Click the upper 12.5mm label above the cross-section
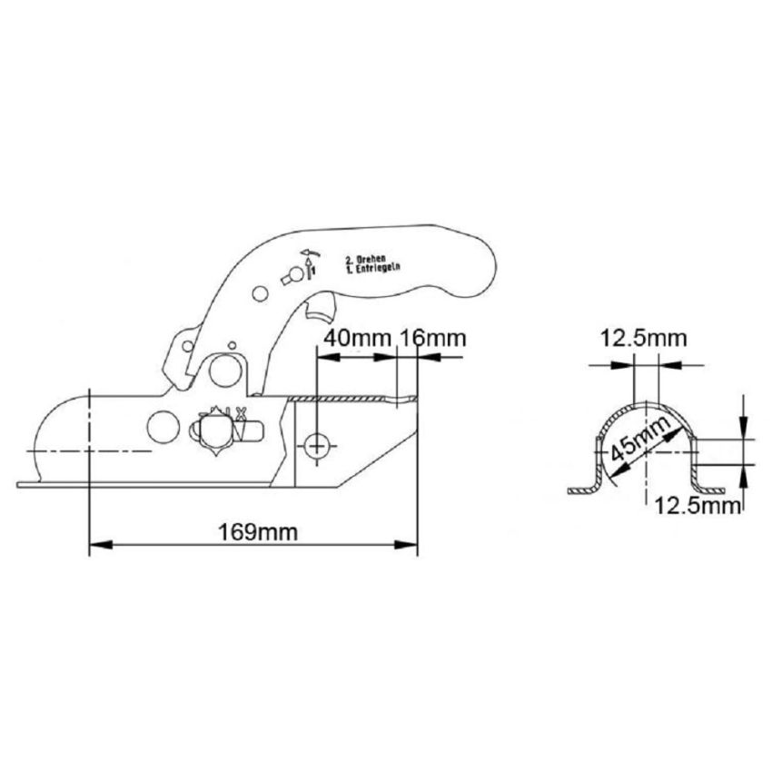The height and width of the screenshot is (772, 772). click(x=642, y=339)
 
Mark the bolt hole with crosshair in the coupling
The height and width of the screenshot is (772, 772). click(x=317, y=446)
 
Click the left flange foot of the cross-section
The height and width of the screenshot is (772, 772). click(x=581, y=491)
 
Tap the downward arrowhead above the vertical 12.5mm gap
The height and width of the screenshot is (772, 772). click(x=745, y=427)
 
